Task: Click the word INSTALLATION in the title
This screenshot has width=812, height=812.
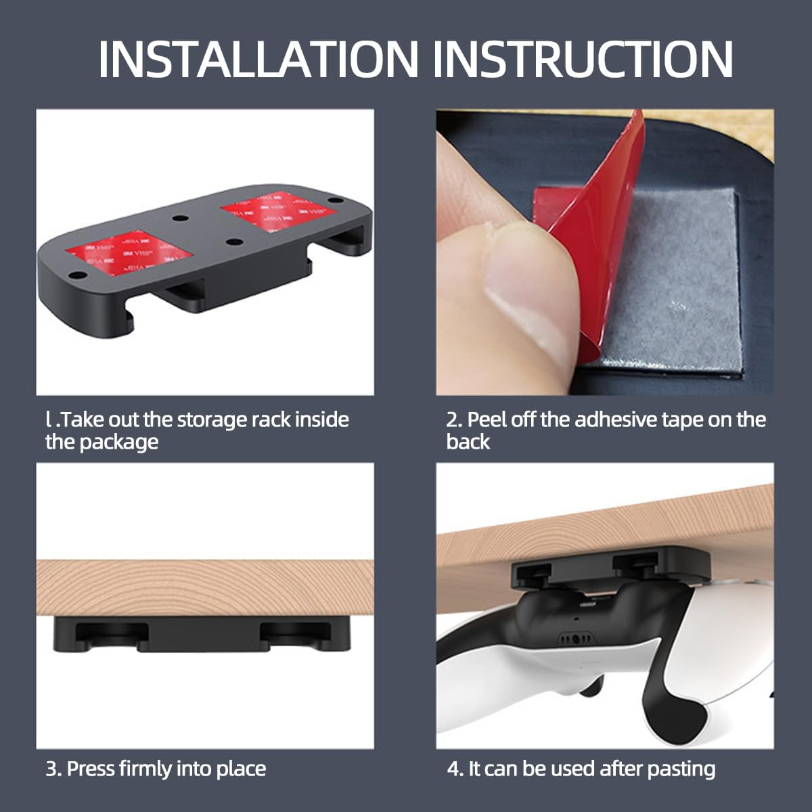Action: (258, 59)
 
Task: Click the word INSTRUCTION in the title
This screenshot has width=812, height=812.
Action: (583, 59)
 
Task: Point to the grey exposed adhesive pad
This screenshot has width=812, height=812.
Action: (670, 286)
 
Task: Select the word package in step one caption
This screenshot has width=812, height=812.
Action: (119, 443)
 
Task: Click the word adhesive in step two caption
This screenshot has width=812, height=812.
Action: (615, 420)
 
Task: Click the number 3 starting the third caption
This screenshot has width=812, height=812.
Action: (51, 769)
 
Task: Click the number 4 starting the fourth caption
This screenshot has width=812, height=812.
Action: (453, 769)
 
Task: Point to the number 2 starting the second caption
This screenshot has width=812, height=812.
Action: (452, 420)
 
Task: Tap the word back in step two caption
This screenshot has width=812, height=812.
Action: (468, 442)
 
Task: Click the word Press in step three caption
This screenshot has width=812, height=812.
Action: (90, 769)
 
